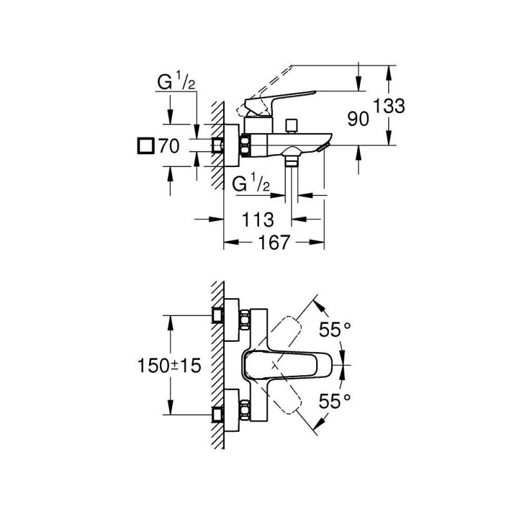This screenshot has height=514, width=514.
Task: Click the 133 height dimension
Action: click(389, 106)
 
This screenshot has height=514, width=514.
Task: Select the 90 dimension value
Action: click(359, 119)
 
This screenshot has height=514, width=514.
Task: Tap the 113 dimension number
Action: click(258, 220)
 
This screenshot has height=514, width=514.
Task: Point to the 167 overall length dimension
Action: click(274, 243)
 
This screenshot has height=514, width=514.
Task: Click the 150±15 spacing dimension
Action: click(169, 365)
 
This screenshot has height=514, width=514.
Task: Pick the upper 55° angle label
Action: click(335, 330)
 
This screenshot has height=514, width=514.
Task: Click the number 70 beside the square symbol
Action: click(169, 146)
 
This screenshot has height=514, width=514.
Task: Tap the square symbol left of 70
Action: click(146, 146)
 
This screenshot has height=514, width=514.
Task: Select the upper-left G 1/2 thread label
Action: click(176, 82)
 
